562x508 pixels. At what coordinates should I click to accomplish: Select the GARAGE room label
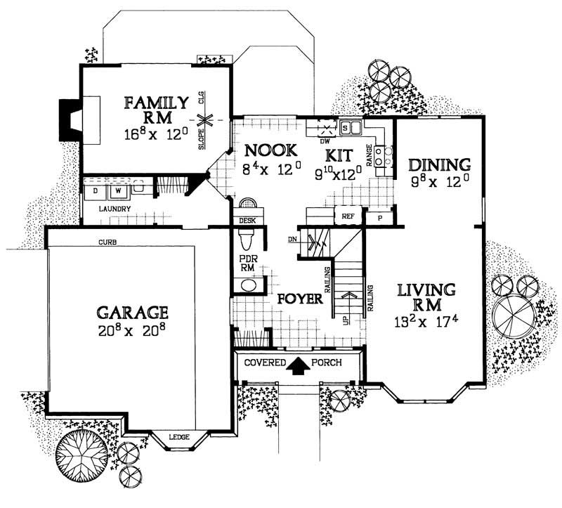[133, 311]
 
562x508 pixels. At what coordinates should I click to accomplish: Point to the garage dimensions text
[133, 329]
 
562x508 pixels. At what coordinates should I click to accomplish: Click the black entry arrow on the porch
[299, 364]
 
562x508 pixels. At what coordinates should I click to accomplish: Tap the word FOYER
[299, 299]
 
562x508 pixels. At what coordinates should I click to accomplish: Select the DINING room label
[439, 165]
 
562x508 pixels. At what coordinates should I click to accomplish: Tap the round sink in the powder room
[247, 287]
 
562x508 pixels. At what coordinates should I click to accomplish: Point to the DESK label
[246, 220]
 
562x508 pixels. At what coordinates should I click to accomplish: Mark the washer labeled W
[117, 189]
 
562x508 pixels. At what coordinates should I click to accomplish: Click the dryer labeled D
[96, 189]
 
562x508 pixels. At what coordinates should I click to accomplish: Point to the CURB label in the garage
[107, 242]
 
